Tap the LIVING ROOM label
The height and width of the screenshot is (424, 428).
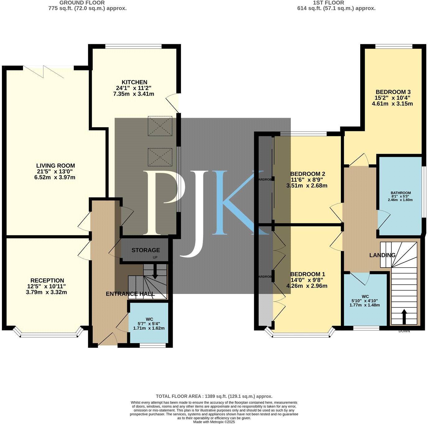pyautogui.click(x=56, y=166)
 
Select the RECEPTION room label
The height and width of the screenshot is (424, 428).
pyautogui.click(x=47, y=281)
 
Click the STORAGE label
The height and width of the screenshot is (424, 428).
pyautogui.click(x=146, y=250)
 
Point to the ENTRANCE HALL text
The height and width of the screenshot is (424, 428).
pyautogui.click(x=130, y=294)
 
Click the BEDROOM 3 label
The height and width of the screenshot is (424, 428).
pyautogui.click(x=393, y=92)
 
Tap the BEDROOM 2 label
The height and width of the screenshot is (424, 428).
pyautogui.click(x=307, y=174)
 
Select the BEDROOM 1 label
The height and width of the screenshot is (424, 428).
pyautogui.click(x=307, y=274)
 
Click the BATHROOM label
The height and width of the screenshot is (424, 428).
pyautogui.click(x=401, y=193)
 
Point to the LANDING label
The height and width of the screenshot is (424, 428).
pyautogui.click(x=382, y=255)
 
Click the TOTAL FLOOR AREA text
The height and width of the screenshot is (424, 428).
pyautogui.click(x=214, y=396)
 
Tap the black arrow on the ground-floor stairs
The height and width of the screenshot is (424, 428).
pyautogui.click(x=155, y=273)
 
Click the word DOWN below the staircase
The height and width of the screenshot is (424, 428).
pyautogui.click(x=404, y=331)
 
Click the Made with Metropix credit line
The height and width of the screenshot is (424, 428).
pyautogui.click(x=214, y=422)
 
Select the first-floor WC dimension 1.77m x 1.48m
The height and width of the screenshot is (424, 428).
pyautogui.click(x=365, y=305)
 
